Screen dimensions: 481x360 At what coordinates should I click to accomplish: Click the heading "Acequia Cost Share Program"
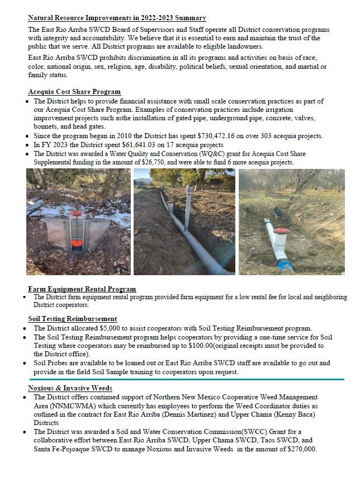[74, 92]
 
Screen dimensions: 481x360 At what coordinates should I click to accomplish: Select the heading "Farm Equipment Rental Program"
[82, 289]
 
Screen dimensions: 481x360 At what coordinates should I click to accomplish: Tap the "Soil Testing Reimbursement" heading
[73, 318]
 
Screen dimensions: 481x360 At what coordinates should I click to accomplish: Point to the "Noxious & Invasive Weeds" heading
[70, 388]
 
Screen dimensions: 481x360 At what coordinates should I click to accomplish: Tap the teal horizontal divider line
[184, 379]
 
